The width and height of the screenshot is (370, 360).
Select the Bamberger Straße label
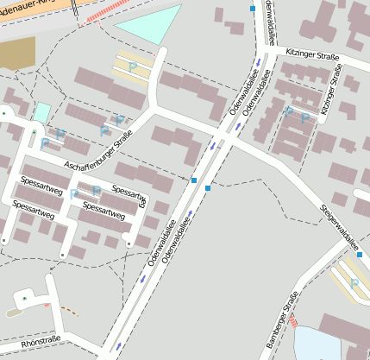click(281, 324)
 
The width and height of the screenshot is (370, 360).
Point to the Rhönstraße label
click(41, 341)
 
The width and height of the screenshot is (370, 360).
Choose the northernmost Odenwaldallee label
click(270, 22)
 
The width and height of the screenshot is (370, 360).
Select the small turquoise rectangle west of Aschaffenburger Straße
click(41, 111)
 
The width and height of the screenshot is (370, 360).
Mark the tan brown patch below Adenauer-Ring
click(16, 53)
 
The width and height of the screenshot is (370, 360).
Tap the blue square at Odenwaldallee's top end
click(252, 8)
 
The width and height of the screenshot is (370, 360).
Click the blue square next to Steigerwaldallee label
click(358, 255)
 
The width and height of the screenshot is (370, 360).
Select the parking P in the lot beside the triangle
click(133, 66)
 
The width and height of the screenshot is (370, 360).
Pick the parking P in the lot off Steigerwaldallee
click(354, 283)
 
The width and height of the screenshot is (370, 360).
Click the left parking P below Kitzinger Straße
click(289, 111)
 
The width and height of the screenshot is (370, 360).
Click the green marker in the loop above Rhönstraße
click(25, 299)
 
